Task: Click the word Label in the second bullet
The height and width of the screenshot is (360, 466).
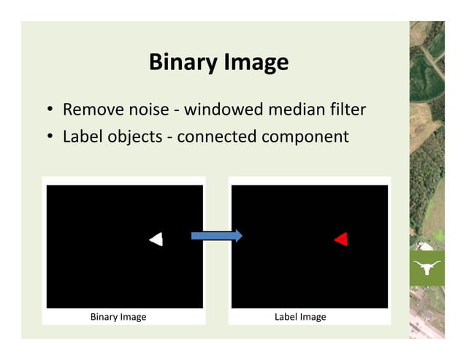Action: pos(83,137)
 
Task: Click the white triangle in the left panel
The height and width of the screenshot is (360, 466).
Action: pos(156,239)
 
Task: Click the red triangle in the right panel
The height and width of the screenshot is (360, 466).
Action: pos(341,239)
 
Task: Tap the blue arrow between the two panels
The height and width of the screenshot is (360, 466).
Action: pos(216,235)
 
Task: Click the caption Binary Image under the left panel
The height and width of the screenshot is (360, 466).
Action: pos(118,317)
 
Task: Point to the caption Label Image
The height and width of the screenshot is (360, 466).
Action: pos(300,317)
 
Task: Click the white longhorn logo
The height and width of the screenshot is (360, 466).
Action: pos(427,268)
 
